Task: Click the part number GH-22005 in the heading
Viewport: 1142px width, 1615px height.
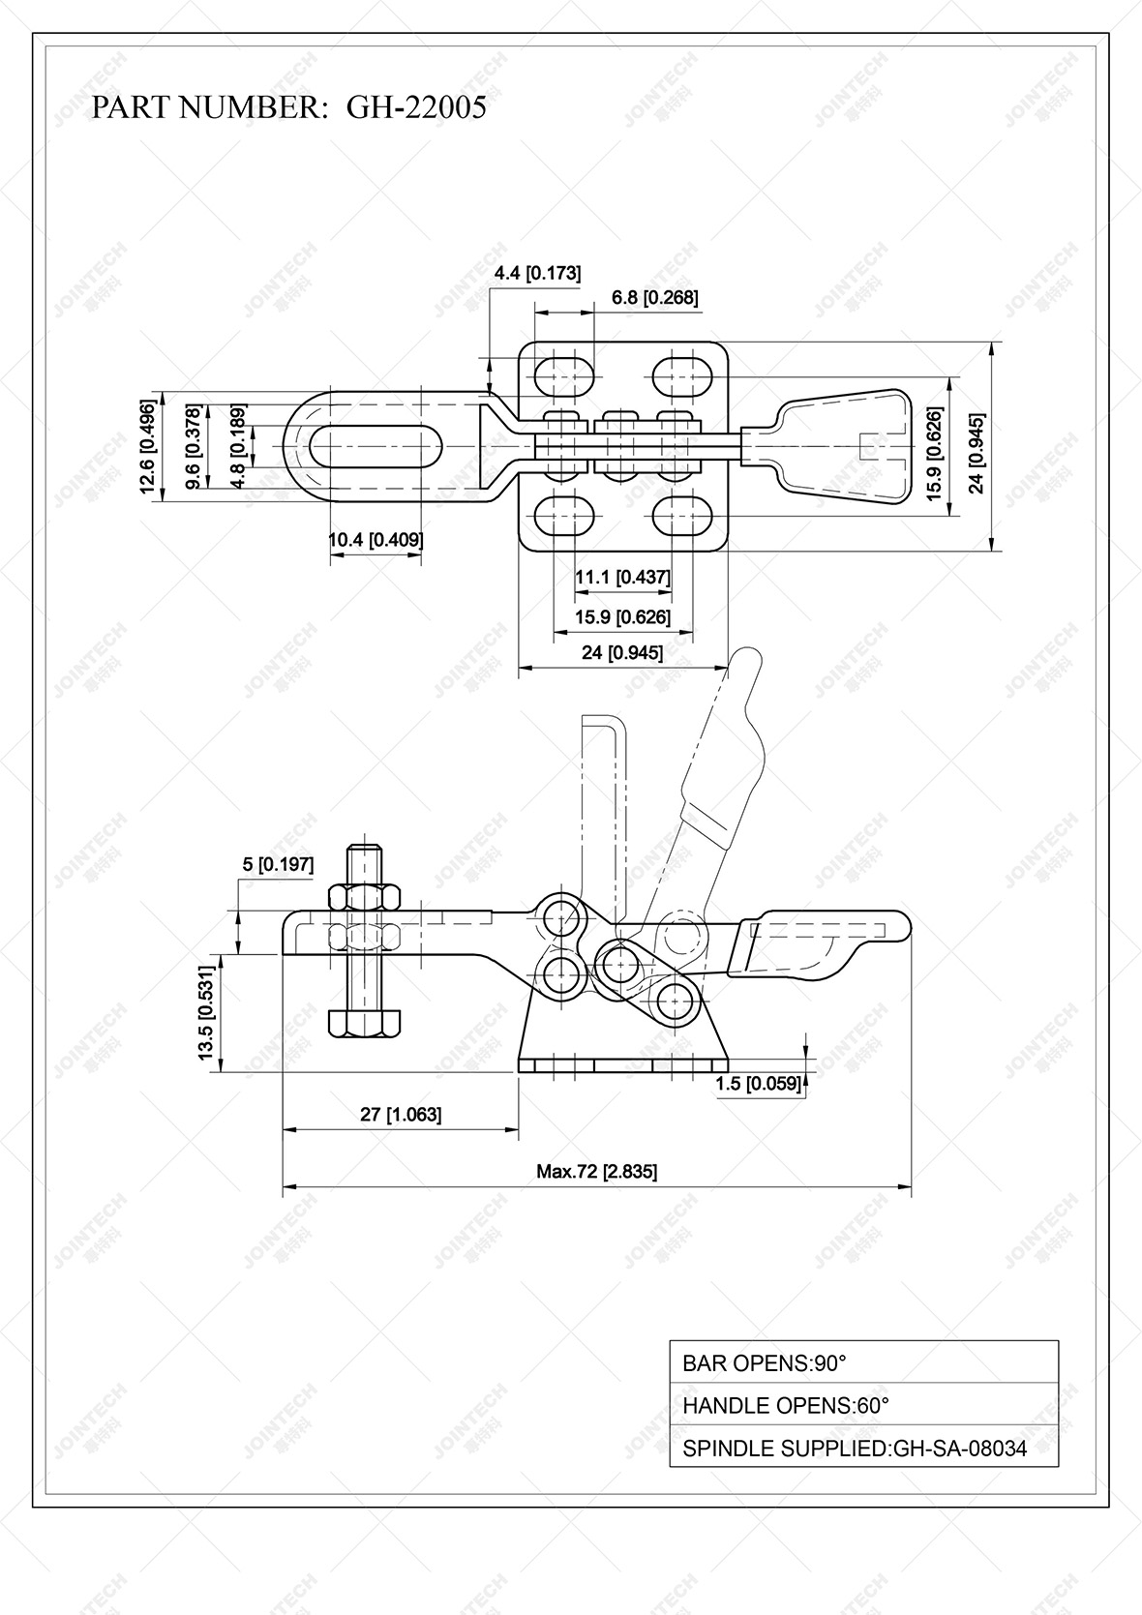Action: click(416, 107)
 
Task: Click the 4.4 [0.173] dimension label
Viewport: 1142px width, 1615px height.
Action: click(537, 273)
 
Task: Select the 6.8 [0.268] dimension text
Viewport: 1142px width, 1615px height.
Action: click(654, 297)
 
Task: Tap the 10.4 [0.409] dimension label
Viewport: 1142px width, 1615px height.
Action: click(376, 540)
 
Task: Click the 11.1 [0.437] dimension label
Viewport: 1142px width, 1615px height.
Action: click(622, 578)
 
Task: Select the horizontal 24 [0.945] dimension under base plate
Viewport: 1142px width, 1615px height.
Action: click(622, 653)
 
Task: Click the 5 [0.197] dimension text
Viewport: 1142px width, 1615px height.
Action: click(278, 864)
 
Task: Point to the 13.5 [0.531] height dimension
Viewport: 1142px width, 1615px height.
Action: click(206, 1012)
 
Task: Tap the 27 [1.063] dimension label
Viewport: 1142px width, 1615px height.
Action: click(401, 1115)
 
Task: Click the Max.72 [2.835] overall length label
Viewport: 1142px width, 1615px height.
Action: click(596, 1172)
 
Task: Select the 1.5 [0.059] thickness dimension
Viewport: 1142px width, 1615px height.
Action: click(759, 1084)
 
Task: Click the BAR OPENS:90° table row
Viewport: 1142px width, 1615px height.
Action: click(863, 1362)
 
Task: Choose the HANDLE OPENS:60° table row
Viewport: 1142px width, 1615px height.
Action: click(863, 1405)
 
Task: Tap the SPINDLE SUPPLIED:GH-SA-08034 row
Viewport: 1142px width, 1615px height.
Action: click(863, 1449)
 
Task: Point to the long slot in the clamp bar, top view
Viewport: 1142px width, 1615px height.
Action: click(377, 447)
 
